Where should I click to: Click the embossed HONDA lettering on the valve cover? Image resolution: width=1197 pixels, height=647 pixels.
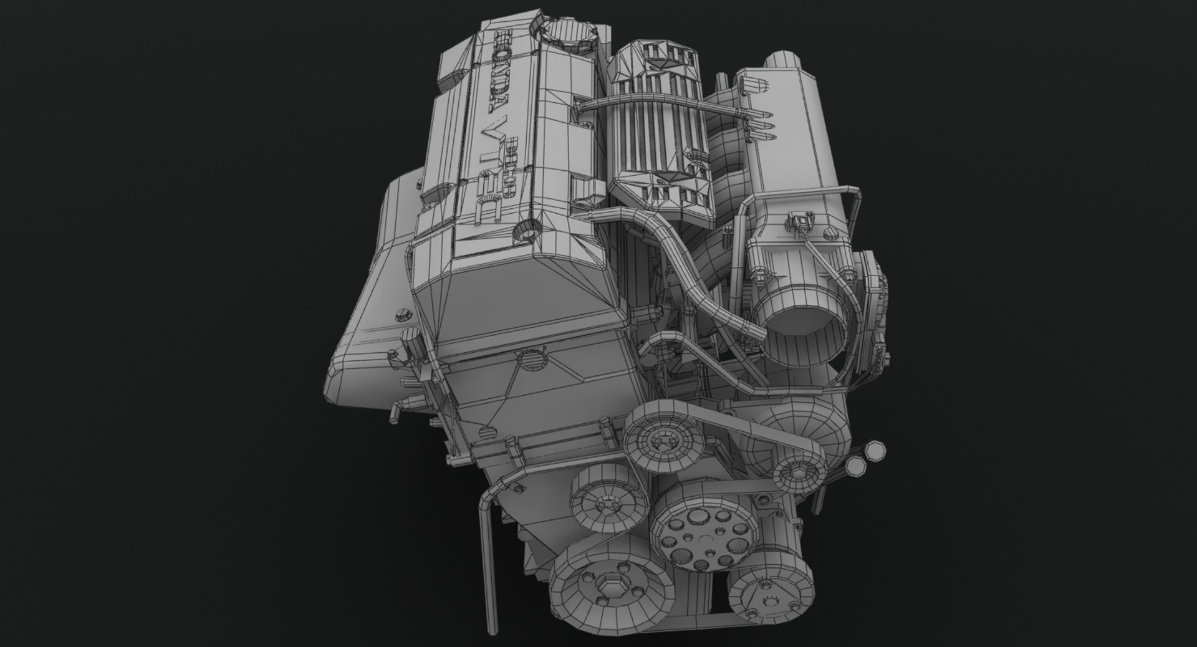(506, 77)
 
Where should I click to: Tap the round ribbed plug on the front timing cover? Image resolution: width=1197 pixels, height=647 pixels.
(532, 362)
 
